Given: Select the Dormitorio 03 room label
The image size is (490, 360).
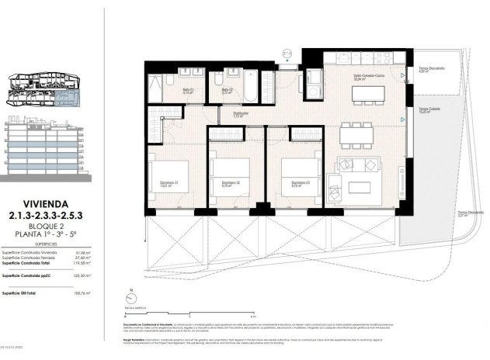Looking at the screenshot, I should point(290,184).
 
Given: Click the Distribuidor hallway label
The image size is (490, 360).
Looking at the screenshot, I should point(241,114).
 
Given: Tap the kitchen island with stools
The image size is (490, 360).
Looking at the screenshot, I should point(370,94).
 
